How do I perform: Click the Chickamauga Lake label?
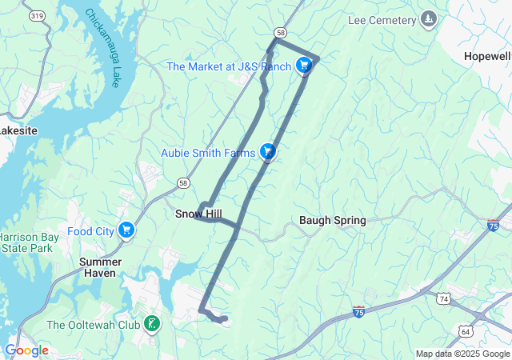point(102,47)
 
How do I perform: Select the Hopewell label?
point(487,57)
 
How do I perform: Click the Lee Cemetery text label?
point(382,19)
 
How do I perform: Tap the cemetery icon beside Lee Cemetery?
point(430,19)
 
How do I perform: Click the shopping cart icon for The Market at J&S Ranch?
point(304,66)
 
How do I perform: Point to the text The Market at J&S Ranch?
point(229,66)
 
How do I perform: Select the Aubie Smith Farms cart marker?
point(268,151)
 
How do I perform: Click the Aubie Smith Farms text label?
point(207,152)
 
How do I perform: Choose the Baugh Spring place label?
point(332,220)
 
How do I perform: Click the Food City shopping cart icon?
point(126,231)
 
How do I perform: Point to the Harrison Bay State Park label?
point(26,243)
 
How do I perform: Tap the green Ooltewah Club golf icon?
point(150,324)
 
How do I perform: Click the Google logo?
point(26,350)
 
